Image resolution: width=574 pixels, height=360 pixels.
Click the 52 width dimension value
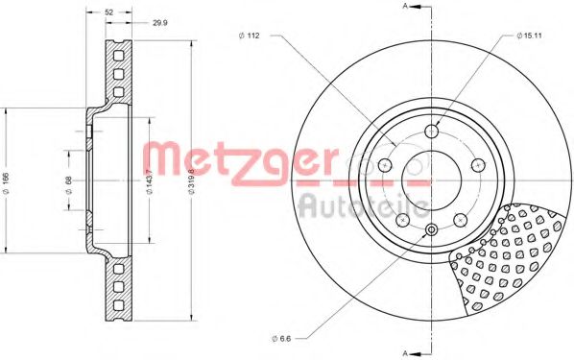coord(109,12)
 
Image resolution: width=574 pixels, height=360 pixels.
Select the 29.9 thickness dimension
coord(160,23)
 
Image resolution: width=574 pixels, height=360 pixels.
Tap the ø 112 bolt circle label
coord(249,36)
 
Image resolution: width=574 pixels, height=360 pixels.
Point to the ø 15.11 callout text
coord(529,36)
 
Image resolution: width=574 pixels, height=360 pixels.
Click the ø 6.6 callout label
coord(281,339)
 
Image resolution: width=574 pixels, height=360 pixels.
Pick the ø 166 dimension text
coord(6,180)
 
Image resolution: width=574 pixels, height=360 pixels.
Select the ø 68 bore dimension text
coord(69,185)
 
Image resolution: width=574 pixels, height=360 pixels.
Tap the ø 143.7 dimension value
coord(149,182)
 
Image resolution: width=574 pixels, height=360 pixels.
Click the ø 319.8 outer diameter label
coord(191,182)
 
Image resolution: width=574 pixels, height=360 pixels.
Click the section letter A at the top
coord(405,6)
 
